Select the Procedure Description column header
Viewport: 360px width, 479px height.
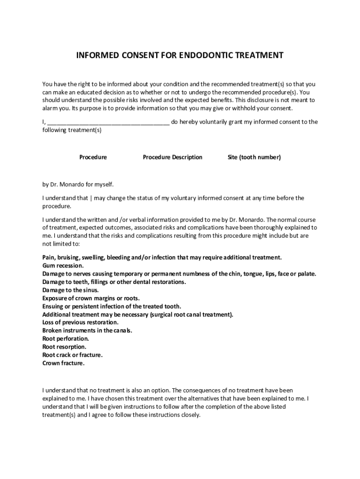click(173, 157)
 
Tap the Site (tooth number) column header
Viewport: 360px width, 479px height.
click(254, 157)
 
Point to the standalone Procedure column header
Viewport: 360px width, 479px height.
click(93, 157)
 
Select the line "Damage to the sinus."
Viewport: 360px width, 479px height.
click(70, 290)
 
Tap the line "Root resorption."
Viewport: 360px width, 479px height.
click(64, 347)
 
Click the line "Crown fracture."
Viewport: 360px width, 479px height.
click(64, 363)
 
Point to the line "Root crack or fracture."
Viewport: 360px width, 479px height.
click(72, 355)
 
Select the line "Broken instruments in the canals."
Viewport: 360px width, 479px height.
click(87, 331)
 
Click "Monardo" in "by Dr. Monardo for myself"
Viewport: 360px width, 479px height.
click(70, 184)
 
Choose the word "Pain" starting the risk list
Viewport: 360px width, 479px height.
click(48, 258)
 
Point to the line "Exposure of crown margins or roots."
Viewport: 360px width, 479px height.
click(91, 298)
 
